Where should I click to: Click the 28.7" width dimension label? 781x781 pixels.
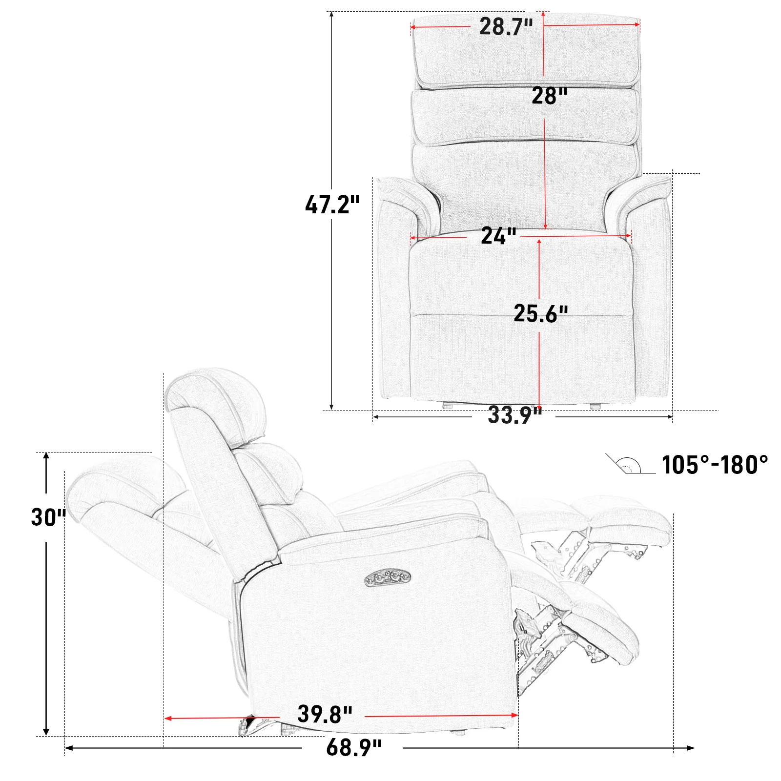point(506,26)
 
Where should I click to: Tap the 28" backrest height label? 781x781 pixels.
point(550,96)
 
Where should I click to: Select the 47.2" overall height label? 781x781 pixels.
point(332,205)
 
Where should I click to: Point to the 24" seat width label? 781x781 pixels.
point(498,236)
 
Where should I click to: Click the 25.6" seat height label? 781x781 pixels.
point(541,313)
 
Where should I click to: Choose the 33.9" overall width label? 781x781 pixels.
point(515,415)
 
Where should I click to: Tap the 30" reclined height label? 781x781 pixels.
point(48,517)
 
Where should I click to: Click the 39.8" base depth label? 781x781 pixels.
point(325,715)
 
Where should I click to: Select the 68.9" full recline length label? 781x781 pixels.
point(354,748)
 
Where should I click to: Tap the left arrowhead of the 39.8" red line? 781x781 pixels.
point(167,718)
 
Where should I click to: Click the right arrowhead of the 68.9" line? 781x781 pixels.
point(691,748)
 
